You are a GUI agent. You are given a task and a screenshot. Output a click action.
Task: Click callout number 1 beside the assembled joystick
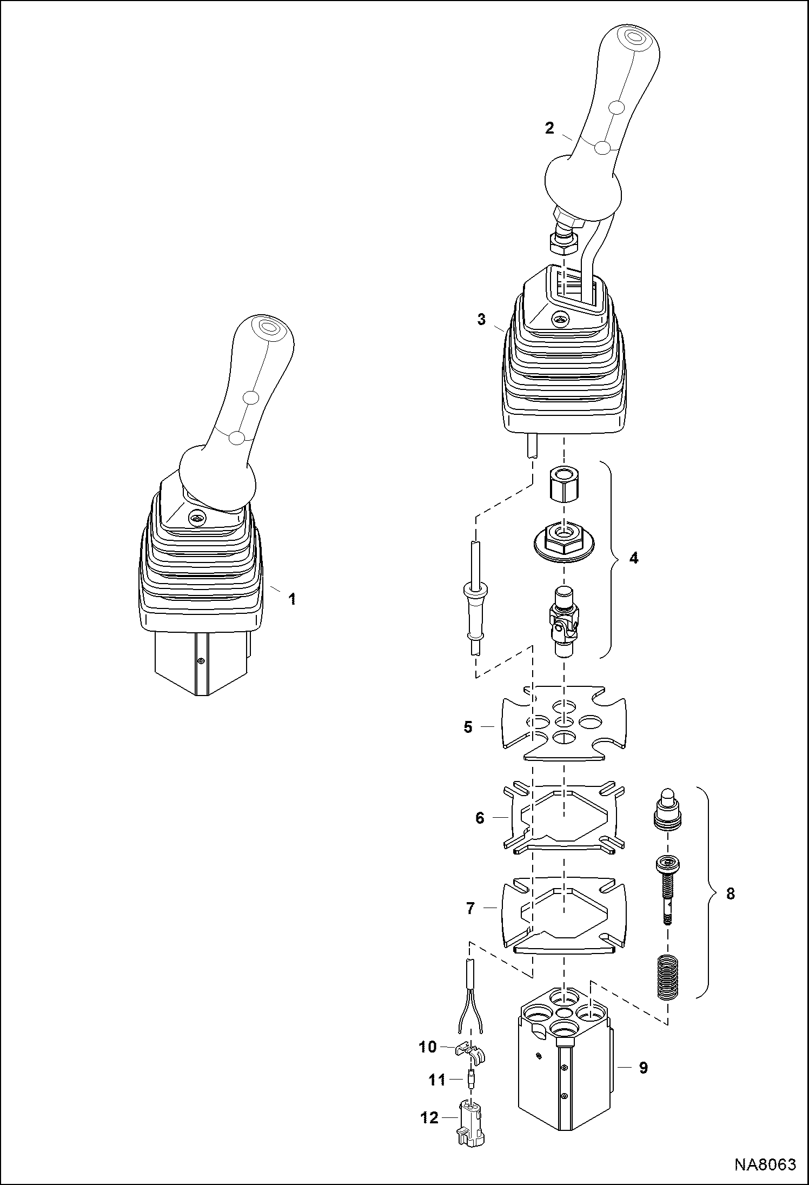click(292, 599)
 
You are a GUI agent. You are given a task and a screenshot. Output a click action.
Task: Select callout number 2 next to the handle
click(549, 128)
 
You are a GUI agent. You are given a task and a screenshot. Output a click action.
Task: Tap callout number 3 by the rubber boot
click(481, 319)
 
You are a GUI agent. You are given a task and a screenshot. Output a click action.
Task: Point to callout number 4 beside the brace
click(634, 558)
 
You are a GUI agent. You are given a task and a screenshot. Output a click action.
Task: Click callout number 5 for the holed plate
click(468, 727)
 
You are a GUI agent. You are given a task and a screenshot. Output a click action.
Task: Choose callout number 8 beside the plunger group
click(730, 893)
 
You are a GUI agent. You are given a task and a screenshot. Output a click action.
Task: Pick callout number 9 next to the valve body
click(644, 1068)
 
